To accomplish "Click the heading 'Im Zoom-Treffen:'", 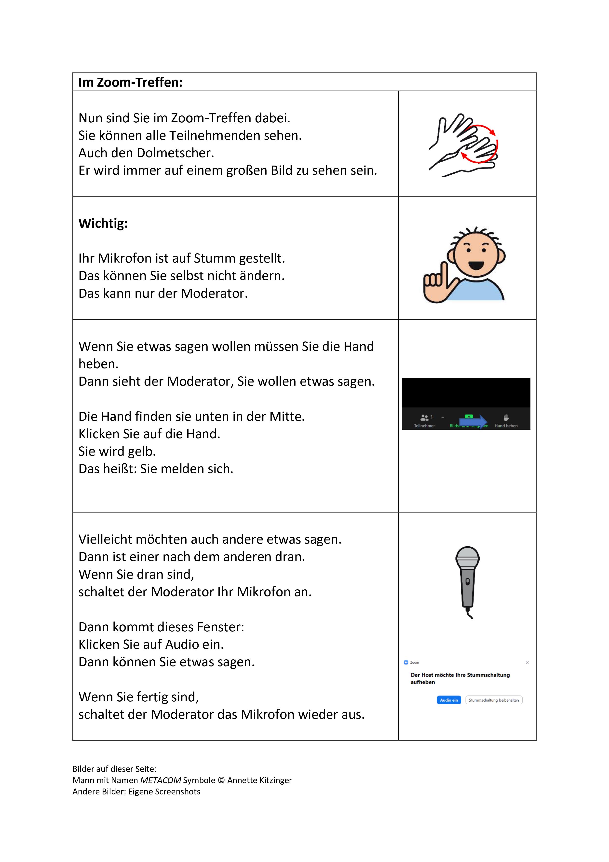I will click(x=130, y=82).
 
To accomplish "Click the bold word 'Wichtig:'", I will click(x=103, y=223).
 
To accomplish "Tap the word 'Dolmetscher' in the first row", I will click(x=175, y=153).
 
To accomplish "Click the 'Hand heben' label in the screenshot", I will click(x=506, y=426).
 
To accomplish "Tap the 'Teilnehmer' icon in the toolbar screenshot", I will click(x=425, y=418).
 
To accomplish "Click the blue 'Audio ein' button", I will click(x=449, y=700).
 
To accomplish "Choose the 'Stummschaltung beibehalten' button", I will click(x=494, y=700).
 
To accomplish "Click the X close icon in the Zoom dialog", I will click(x=527, y=663).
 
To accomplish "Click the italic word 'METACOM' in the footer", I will click(x=161, y=780).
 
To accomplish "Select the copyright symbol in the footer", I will click(x=221, y=780).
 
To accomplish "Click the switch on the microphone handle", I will click(x=468, y=581).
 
